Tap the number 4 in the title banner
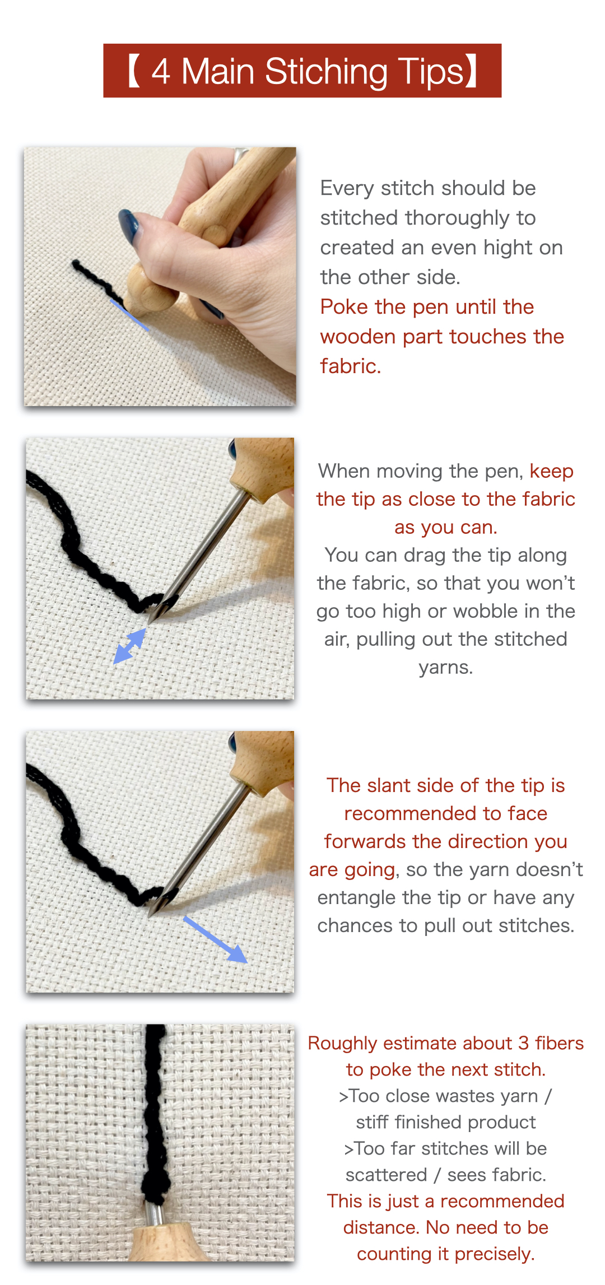pyautogui.click(x=161, y=72)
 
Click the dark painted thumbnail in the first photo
pyautogui.click(x=128, y=225)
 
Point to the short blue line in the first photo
pyautogui.click(x=129, y=315)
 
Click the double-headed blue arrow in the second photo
pyautogui.click(x=130, y=646)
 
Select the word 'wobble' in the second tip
pyautogui.click(x=482, y=611)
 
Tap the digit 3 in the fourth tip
pyautogui.click(x=523, y=1043)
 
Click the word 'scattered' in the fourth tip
pyautogui.click(x=386, y=1175)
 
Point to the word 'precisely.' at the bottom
pyautogui.click(x=490, y=1254)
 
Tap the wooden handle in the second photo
pyautogui.click(x=262, y=465)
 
